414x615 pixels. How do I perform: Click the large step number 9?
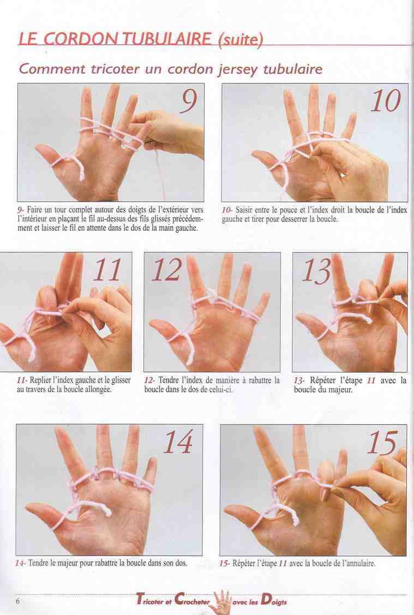coord(189,100)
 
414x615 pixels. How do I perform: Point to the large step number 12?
coord(167,270)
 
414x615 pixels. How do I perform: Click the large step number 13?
coord(316,270)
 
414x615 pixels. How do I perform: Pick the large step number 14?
coord(178,442)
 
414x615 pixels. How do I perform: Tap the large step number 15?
coord(382,443)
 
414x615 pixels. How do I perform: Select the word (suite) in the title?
coord(239,40)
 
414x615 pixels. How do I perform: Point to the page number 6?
coord(17,600)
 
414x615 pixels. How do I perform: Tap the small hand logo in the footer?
coord(221,601)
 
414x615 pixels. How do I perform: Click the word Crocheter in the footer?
coord(193,600)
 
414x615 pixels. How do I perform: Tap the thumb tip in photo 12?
coord(154,324)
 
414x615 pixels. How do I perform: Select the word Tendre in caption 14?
coord(38,563)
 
